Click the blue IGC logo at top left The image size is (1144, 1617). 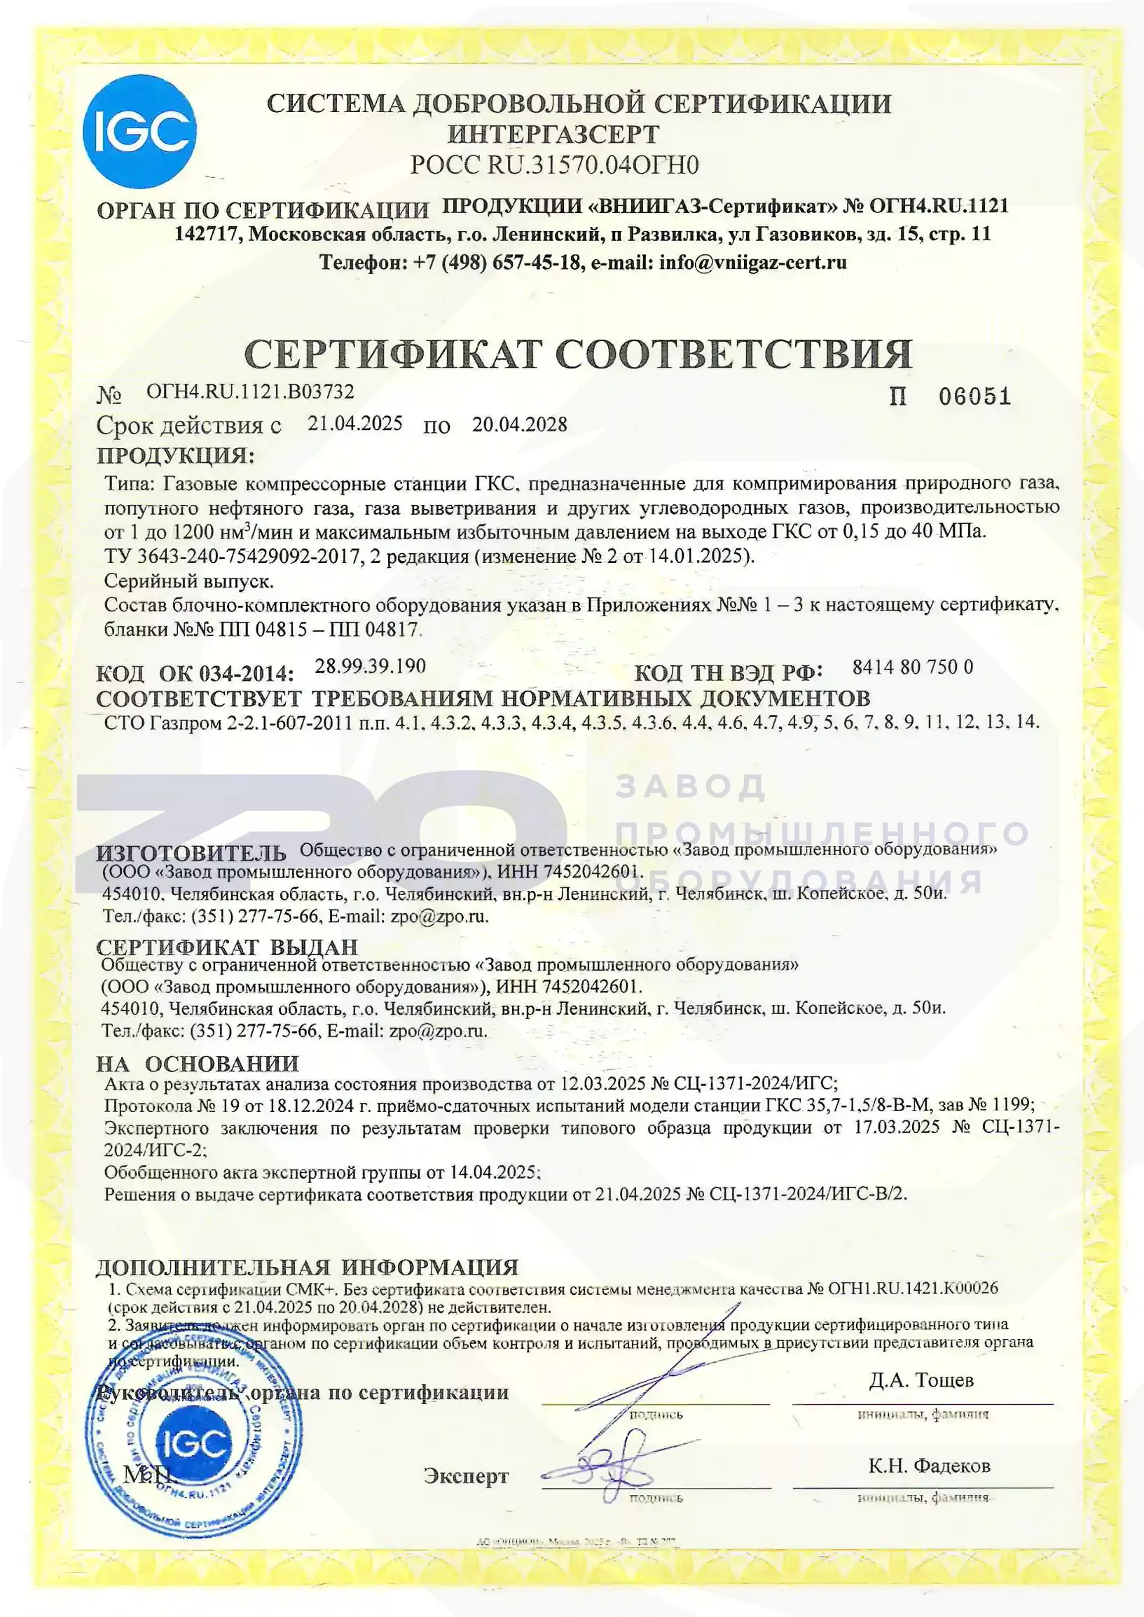[x=139, y=132]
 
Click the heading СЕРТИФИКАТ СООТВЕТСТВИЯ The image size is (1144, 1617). [x=578, y=354]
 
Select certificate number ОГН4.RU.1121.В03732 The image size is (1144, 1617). [x=250, y=391]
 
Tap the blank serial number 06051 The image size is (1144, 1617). [x=974, y=396]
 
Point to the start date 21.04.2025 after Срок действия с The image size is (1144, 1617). [x=355, y=423]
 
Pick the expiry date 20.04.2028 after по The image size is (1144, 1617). [x=519, y=424]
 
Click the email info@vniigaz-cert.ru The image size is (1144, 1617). [x=752, y=263]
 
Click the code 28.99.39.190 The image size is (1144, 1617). [x=370, y=666]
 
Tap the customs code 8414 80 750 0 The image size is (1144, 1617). [x=912, y=667]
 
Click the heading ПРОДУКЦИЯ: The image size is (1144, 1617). [x=175, y=456]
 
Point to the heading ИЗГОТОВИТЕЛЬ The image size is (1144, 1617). [x=191, y=854]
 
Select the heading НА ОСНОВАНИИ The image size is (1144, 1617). [x=198, y=1064]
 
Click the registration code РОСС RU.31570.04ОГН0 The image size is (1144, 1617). [x=554, y=165]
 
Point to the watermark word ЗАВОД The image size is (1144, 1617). [x=691, y=786]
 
